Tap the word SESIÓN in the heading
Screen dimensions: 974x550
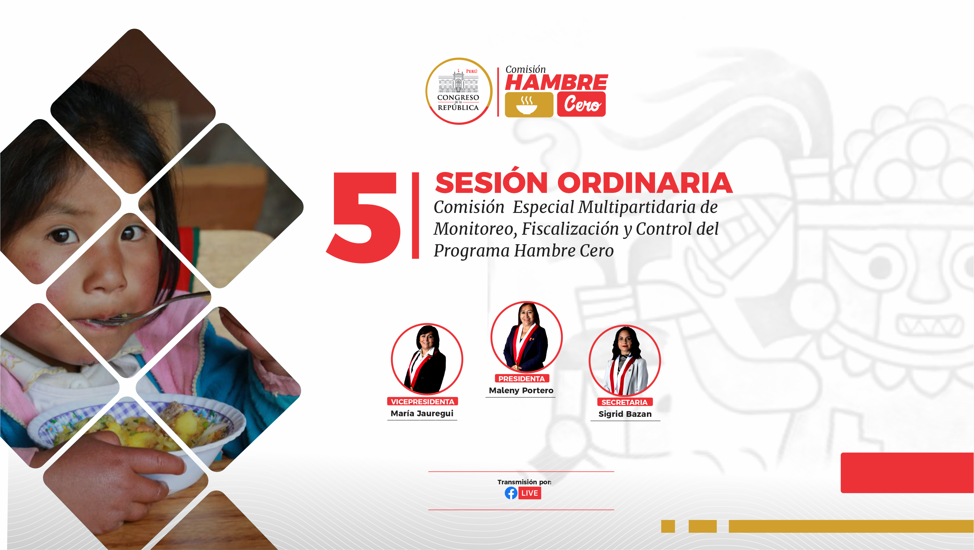coord(491,183)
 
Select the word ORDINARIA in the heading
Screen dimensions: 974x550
coord(645,183)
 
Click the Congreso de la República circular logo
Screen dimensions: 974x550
coord(459,91)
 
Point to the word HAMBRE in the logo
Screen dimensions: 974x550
coord(556,82)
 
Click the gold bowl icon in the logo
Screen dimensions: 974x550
coord(529,105)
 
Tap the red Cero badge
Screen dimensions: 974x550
coord(581,104)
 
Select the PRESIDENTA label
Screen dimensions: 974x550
coord(521,378)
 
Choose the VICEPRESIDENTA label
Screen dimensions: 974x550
coord(422,401)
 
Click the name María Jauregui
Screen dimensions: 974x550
coord(422,413)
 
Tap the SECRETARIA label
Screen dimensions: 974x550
coord(625,402)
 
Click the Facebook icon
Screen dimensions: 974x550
coord(511,493)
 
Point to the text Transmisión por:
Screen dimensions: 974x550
coord(524,482)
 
